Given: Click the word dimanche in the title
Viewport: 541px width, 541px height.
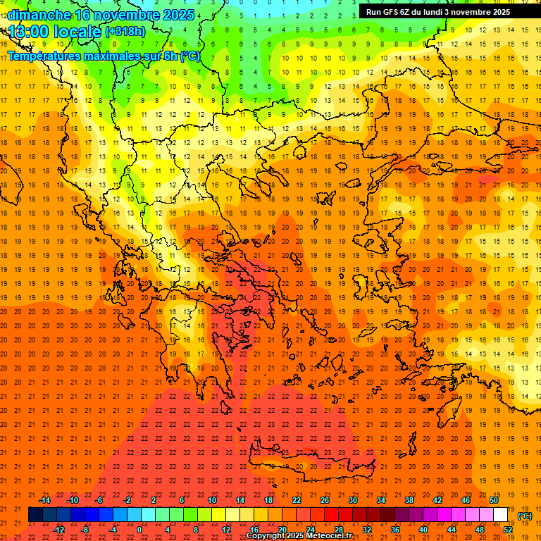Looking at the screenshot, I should (x=39, y=15).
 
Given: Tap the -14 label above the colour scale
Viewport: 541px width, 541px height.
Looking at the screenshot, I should (x=44, y=500).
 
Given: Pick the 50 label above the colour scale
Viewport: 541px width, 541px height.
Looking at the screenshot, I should (x=494, y=500).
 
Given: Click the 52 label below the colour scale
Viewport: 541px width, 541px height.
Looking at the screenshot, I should (x=508, y=529).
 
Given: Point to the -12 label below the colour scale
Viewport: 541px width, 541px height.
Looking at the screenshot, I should (x=58, y=529).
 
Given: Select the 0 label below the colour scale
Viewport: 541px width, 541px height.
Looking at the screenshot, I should (x=140, y=529).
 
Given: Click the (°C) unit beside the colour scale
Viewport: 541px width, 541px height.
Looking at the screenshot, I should (x=524, y=516).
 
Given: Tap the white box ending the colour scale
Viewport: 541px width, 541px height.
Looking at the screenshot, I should (x=501, y=515).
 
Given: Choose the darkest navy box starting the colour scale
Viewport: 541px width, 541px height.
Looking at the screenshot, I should (x=36, y=515).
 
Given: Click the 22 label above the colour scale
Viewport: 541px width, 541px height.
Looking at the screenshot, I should (x=297, y=500).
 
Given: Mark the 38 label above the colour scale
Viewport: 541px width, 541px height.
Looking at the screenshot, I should (x=409, y=500).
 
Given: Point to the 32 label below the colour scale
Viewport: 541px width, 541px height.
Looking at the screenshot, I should (x=367, y=529).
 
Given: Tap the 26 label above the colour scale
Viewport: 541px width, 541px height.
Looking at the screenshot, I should (x=325, y=500).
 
